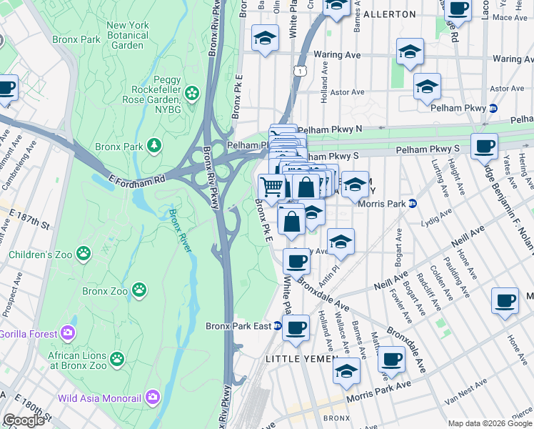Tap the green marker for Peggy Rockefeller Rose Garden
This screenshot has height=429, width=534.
(191, 92)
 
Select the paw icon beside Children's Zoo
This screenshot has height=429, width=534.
(84, 252)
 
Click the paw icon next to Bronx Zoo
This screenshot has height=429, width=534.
(140, 290)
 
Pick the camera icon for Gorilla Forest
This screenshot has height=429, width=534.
(68, 332)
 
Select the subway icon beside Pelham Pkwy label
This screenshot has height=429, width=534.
(493, 108)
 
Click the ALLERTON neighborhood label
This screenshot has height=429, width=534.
(389, 14)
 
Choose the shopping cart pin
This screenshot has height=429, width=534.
(272, 188)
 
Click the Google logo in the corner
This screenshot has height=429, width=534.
(24, 420)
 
